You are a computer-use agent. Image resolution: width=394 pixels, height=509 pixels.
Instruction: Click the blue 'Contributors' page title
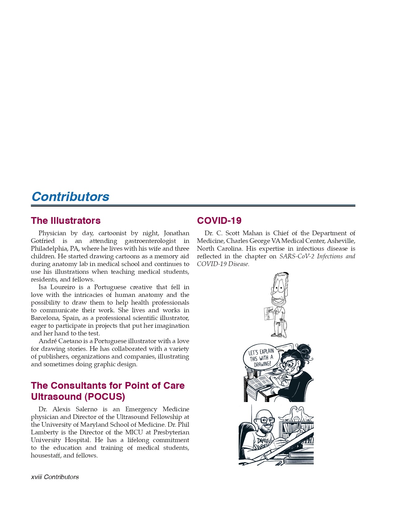pos(70,197)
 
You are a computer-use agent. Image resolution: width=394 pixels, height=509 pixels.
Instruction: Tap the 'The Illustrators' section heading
pos(65,221)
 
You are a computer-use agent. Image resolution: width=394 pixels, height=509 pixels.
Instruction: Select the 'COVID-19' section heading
pos(219,221)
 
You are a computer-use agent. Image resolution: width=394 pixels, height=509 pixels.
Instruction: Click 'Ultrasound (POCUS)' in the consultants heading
pos(78,396)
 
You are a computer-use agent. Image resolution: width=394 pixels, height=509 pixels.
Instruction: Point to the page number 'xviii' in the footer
pos(36,477)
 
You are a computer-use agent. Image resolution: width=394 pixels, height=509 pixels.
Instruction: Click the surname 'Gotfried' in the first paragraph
pos(43,241)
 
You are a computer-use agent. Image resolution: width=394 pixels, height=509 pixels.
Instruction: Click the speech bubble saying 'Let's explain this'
pos(261,358)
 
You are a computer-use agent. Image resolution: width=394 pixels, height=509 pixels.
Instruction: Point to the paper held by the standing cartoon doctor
pos(269,314)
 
